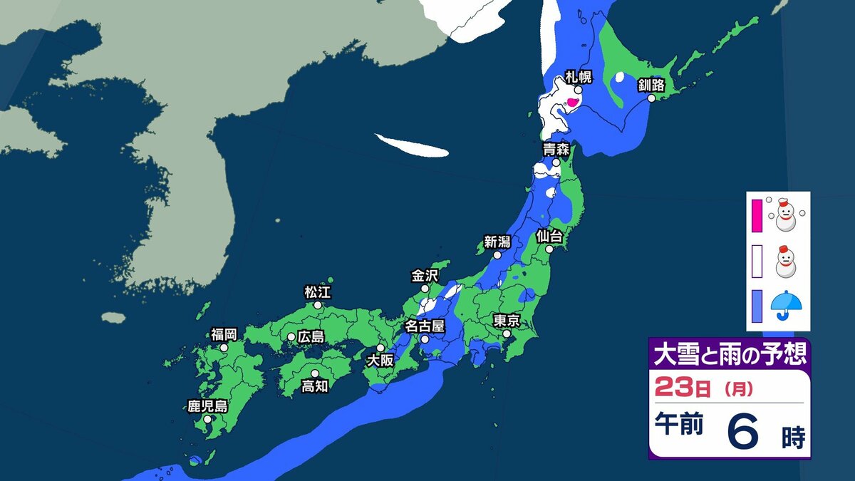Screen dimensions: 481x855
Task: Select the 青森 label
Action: (556, 150)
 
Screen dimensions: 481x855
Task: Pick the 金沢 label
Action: (425, 275)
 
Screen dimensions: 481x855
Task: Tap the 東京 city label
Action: (507, 320)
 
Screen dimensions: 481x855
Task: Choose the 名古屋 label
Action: (425, 326)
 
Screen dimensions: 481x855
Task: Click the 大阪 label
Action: (380, 361)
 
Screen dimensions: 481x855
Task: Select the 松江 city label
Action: (318, 291)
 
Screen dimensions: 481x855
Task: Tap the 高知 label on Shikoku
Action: (314, 386)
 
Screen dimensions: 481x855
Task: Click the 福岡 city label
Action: (224, 334)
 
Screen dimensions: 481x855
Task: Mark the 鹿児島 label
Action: (207, 407)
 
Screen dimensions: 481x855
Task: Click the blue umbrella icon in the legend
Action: (786, 304)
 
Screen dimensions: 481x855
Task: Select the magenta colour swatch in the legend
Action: (757, 216)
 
